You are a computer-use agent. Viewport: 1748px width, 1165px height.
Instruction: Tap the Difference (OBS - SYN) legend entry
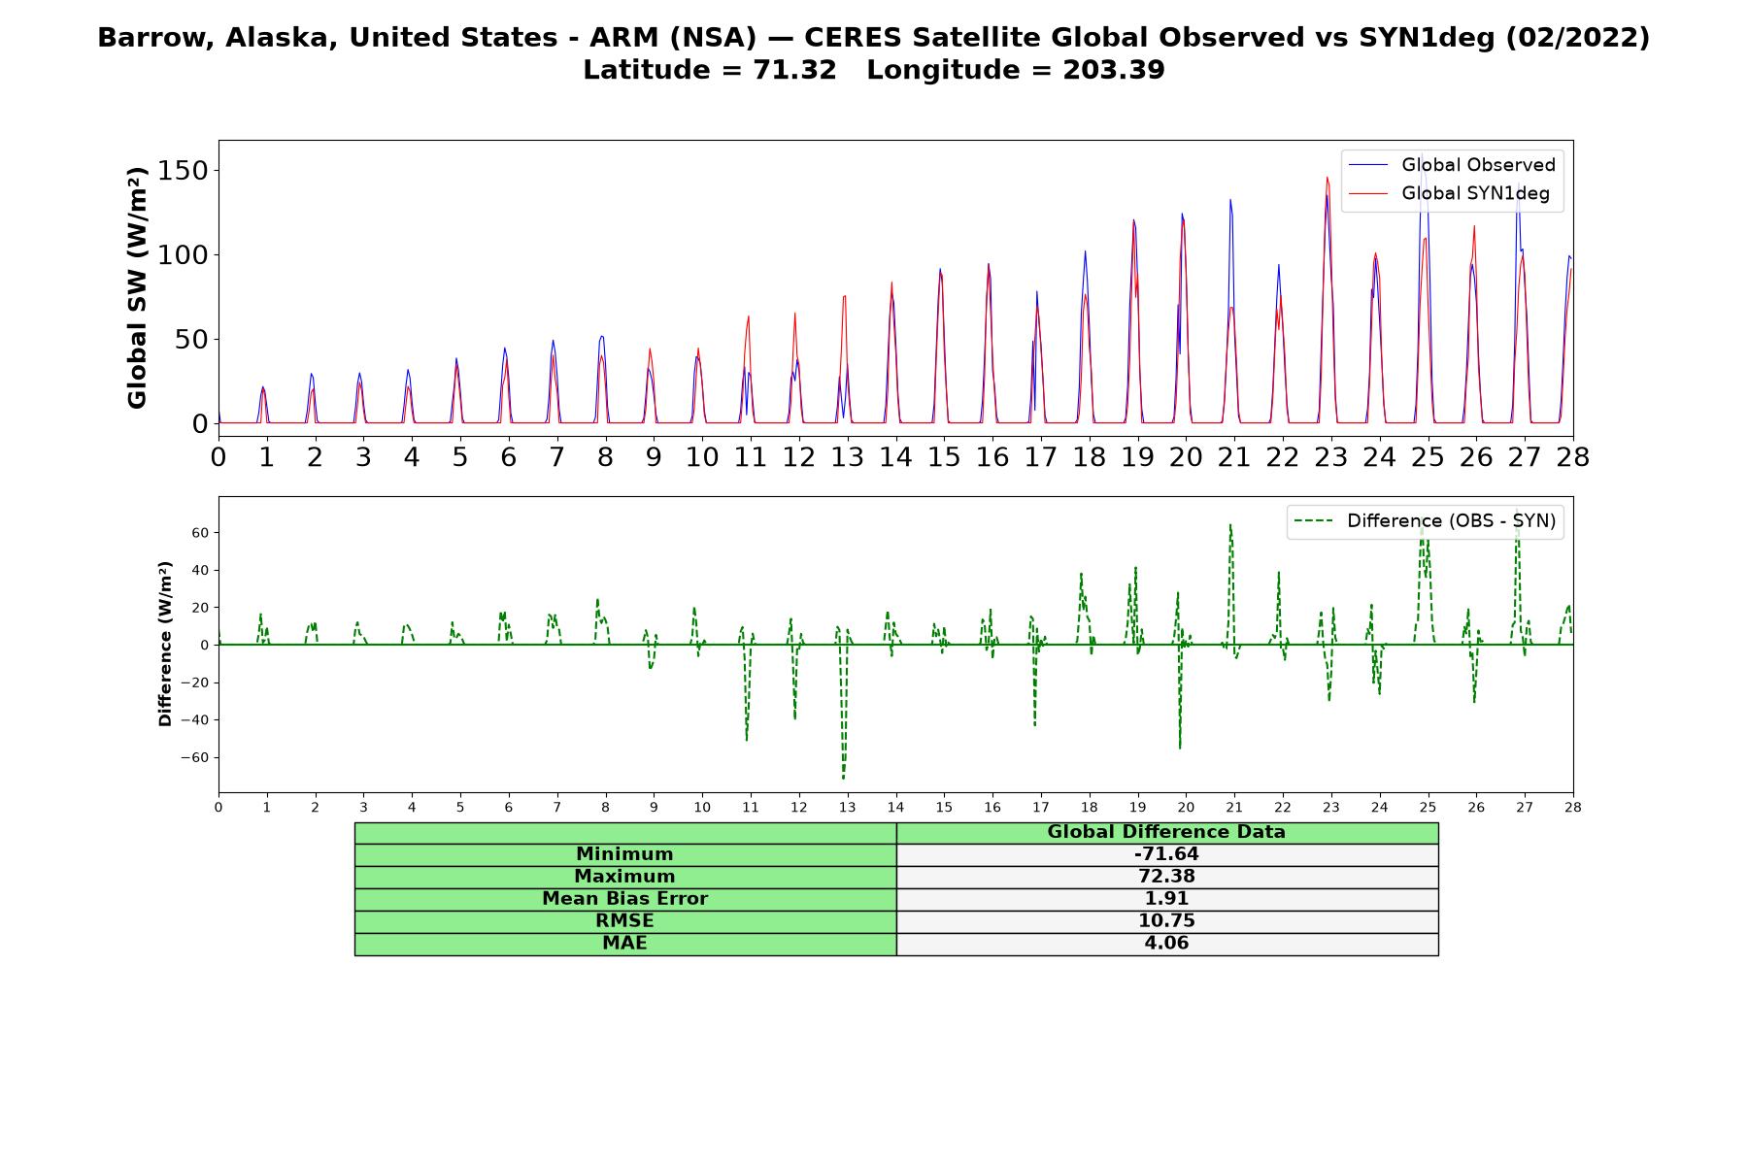(1426, 521)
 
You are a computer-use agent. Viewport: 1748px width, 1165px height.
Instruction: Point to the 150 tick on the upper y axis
(186, 170)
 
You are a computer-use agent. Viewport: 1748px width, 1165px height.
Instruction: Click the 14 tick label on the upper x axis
(895, 457)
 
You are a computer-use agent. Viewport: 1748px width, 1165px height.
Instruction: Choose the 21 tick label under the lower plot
(1234, 807)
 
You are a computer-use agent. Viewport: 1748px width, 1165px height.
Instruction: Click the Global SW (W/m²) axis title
(137, 287)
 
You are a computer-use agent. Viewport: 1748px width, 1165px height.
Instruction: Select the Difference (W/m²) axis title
(165, 644)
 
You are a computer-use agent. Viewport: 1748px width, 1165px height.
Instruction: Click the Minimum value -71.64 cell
(1166, 854)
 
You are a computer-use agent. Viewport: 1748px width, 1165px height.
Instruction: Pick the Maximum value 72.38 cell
(1166, 877)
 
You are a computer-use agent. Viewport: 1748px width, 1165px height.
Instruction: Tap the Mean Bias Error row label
(624, 899)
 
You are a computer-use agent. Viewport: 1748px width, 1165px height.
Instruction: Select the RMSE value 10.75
(1166, 921)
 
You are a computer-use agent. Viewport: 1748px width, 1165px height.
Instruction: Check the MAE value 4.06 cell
(1166, 944)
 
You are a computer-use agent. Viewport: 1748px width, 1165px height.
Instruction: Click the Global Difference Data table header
(1166, 832)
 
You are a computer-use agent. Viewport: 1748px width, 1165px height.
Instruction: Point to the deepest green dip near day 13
(843, 778)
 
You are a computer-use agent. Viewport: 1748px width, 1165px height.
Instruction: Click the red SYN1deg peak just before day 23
(1327, 178)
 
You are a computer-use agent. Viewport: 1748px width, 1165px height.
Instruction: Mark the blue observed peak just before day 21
(1230, 200)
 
